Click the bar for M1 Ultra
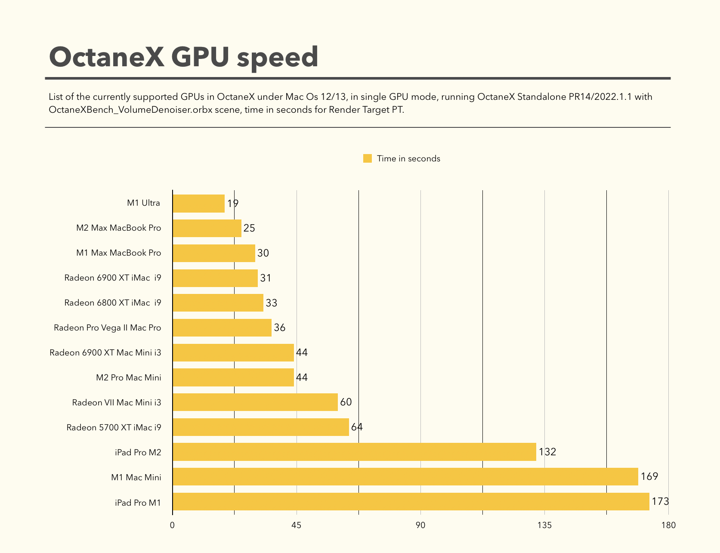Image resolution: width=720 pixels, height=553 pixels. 198,204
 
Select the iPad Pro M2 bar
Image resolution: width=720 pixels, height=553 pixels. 354,452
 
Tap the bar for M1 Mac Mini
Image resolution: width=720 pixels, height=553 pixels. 405,477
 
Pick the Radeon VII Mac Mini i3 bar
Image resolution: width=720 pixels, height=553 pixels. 255,402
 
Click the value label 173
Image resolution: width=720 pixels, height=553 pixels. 660,501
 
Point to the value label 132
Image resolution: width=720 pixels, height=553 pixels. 547,452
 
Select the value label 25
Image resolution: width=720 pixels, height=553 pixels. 249,228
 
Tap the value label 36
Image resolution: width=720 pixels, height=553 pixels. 280,328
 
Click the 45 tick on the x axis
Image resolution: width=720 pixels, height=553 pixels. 297,525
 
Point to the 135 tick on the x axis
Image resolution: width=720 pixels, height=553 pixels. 544,525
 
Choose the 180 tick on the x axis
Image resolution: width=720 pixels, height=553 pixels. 668,525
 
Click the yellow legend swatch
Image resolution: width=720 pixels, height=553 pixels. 367,158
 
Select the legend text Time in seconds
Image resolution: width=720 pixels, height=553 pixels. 408,158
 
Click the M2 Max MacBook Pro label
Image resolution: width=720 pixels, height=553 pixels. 119,228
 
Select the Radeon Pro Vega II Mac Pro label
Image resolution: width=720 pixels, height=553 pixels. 108,328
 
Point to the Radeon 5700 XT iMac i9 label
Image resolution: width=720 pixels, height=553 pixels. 114,427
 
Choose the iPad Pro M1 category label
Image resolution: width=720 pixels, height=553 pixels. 138,502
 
